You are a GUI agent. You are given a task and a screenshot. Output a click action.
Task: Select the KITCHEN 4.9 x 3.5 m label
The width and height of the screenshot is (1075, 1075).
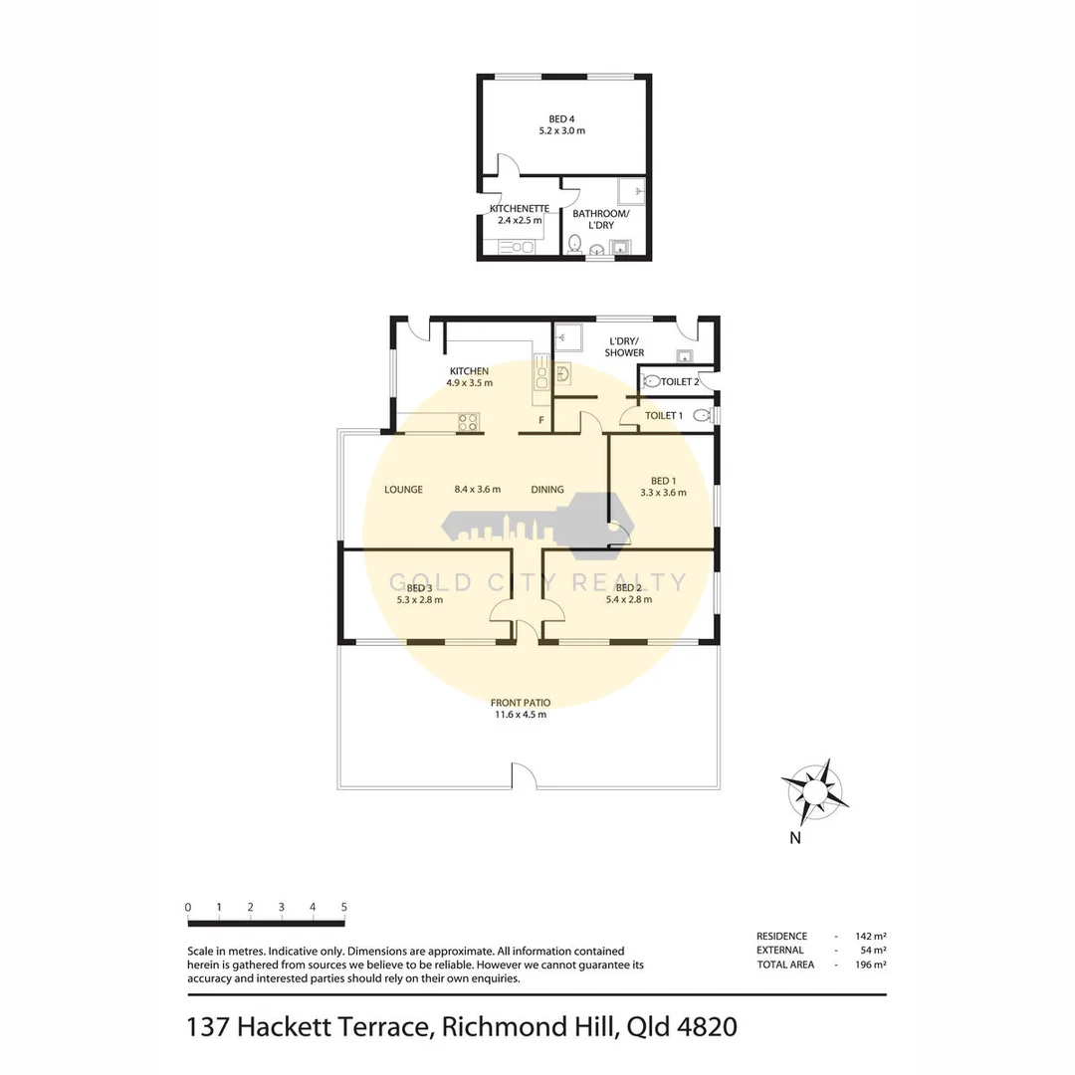[469, 376]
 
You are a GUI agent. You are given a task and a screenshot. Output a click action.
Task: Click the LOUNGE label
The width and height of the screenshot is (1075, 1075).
[404, 490]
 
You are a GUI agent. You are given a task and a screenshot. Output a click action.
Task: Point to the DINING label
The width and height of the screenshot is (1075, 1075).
[547, 490]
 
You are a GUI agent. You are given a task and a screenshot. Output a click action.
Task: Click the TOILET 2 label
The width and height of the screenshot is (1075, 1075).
[681, 381]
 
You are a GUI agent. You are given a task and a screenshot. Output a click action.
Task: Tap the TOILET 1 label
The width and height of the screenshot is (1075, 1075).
[664, 415]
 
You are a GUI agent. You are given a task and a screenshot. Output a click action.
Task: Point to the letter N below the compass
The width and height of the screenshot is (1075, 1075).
[795, 838]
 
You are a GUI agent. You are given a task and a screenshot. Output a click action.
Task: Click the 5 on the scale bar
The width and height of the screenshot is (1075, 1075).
[343, 907]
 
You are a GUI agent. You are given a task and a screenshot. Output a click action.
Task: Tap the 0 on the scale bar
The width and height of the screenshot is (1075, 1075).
[188, 907]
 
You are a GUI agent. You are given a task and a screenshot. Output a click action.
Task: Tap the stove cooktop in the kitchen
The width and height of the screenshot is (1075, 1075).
[468, 422]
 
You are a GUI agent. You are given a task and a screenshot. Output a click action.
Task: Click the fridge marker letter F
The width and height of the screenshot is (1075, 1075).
[540, 421]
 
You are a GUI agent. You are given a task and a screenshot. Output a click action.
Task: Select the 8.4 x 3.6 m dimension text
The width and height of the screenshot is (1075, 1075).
[477, 490]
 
